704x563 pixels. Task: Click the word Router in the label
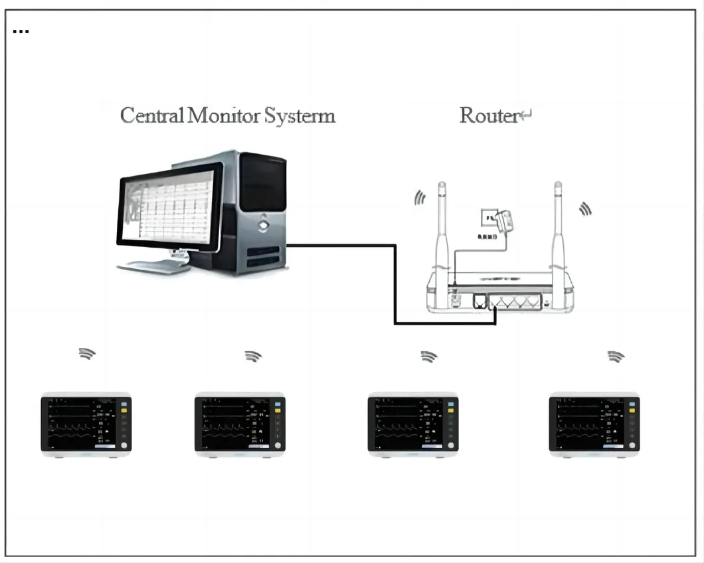click(x=489, y=116)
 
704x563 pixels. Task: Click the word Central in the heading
click(x=151, y=116)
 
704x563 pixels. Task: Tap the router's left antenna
click(x=442, y=226)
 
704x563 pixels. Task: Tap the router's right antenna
click(x=559, y=226)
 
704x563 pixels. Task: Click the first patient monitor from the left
click(x=86, y=424)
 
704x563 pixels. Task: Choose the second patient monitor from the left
click(x=240, y=424)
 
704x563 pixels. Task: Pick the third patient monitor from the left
click(x=413, y=424)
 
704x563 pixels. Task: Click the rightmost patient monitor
click(x=594, y=424)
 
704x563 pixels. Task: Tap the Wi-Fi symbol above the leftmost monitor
click(x=86, y=353)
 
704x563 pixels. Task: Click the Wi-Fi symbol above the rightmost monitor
click(x=616, y=357)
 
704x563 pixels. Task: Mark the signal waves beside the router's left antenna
click(x=419, y=198)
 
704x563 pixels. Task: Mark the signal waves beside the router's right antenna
click(x=584, y=209)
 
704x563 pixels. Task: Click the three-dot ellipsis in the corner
click(x=21, y=31)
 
